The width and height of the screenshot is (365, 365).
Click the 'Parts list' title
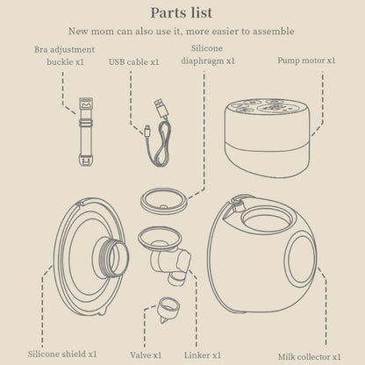pos(182,13)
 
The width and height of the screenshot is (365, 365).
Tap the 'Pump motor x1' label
pos(306,61)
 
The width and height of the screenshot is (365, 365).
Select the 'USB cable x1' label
pos(134,62)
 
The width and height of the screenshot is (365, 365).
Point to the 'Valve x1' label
pos(146,355)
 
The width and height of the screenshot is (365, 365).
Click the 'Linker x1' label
pos(203,355)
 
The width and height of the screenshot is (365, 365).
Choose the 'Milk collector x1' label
pos(309,357)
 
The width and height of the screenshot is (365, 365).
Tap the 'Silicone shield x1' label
pos(62,354)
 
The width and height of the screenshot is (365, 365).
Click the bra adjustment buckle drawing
pos(86,132)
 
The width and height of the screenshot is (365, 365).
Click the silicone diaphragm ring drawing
pos(163,201)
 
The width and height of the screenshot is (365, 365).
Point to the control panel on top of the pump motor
pos(267,107)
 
